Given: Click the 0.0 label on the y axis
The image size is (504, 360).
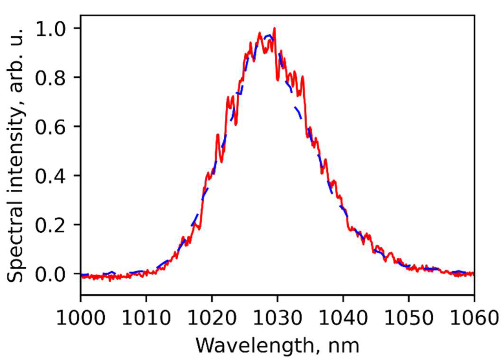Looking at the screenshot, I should pyautogui.click(x=51, y=274).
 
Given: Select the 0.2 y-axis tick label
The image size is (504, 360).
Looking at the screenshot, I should pyautogui.click(x=51, y=225).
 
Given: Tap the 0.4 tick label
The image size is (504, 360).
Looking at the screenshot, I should pyautogui.click(x=51, y=176).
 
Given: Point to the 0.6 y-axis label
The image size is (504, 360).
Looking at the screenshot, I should pyautogui.click(x=51, y=127).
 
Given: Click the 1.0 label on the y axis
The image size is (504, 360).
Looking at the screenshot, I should pyautogui.click(x=51, y=29).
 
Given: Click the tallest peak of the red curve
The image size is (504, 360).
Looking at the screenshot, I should pyautogui.click(x=274, y=28).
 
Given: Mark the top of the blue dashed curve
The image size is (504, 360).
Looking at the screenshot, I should pyautogui.click(x=268, y=35).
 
